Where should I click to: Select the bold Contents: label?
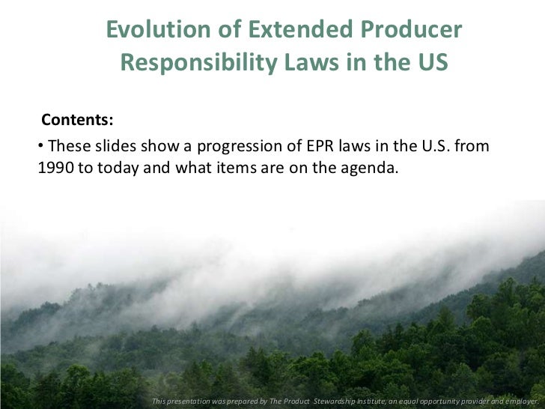pyautogui.click(x=77, y=120)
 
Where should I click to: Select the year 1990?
pyautogui.click(x=54, y=166)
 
